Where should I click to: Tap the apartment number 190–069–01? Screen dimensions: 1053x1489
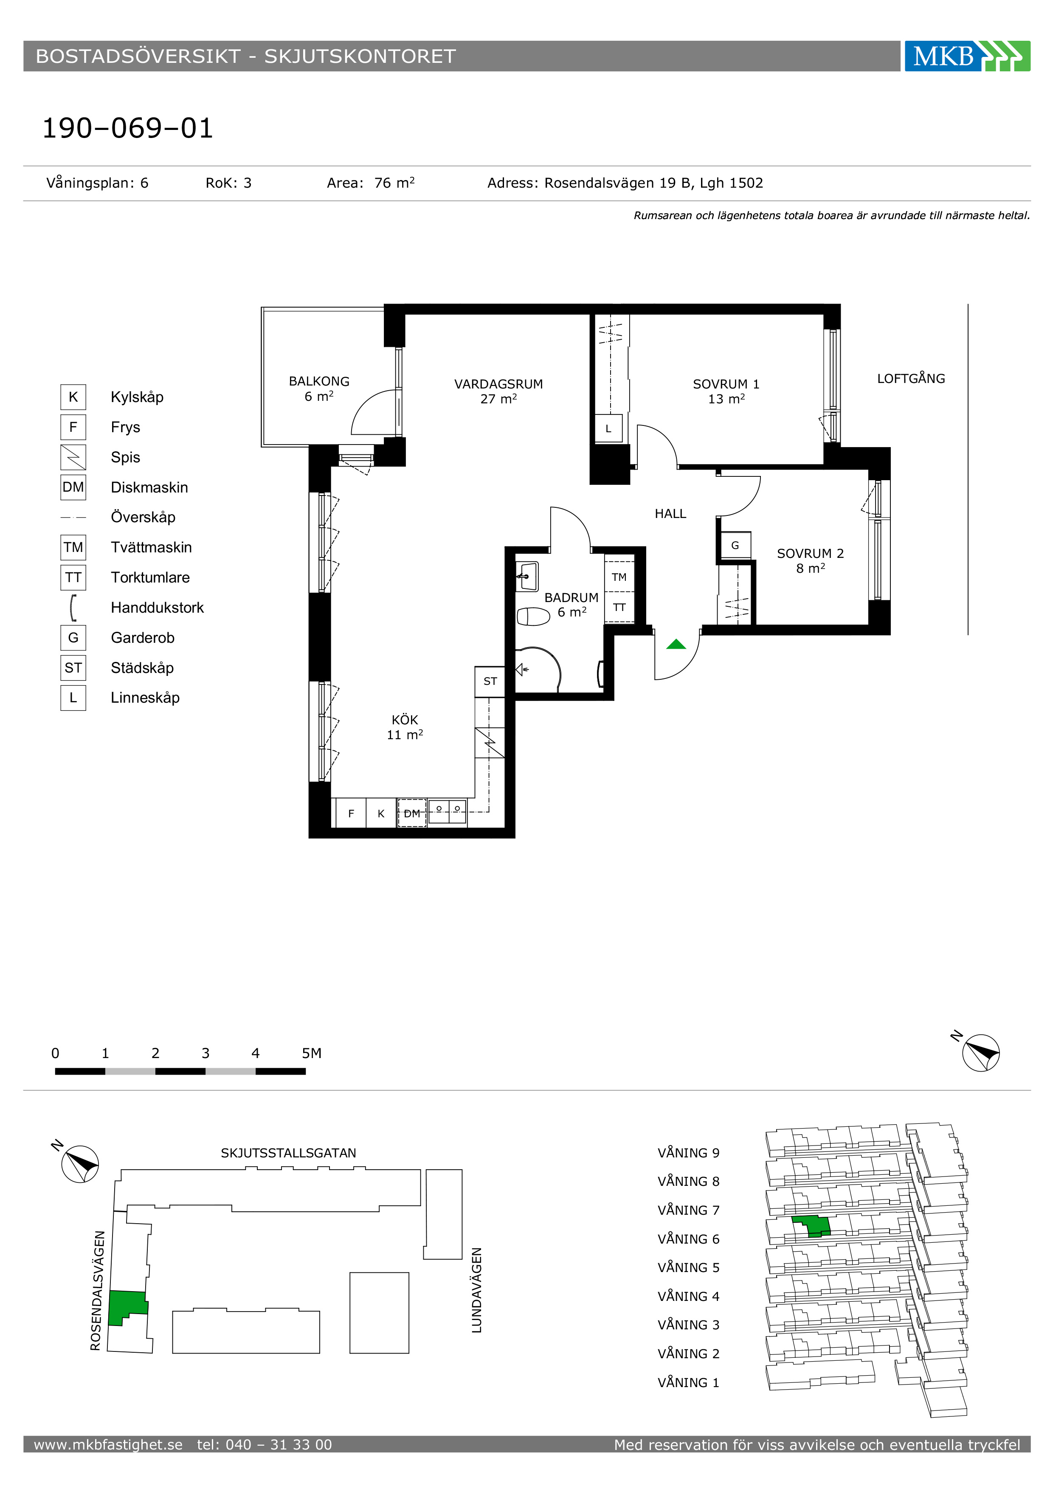tap(128, 128)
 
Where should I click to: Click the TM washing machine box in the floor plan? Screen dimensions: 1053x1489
tap(619, 577)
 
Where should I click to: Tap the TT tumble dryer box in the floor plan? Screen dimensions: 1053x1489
tap(619, 608)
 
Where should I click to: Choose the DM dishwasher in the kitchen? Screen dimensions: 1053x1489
tap(412, 813)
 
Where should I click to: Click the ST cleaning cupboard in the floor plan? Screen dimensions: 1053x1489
tap(490, 681)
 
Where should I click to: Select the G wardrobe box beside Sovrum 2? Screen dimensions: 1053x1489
tap(735, 546)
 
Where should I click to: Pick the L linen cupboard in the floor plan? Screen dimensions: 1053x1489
tap(608, 429)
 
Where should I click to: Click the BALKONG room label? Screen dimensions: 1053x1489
tap(319, 381)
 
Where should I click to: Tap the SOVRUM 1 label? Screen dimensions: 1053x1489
tap(726, 384)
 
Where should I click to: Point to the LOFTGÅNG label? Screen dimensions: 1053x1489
tap(911, 378)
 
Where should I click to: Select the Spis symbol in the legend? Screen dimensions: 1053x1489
tap(73, 457)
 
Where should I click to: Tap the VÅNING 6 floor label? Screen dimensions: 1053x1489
tap(689, 1238)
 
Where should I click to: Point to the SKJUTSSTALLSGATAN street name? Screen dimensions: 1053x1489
tap(289, 1153)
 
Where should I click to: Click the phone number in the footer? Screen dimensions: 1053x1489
tap(265, 1445)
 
